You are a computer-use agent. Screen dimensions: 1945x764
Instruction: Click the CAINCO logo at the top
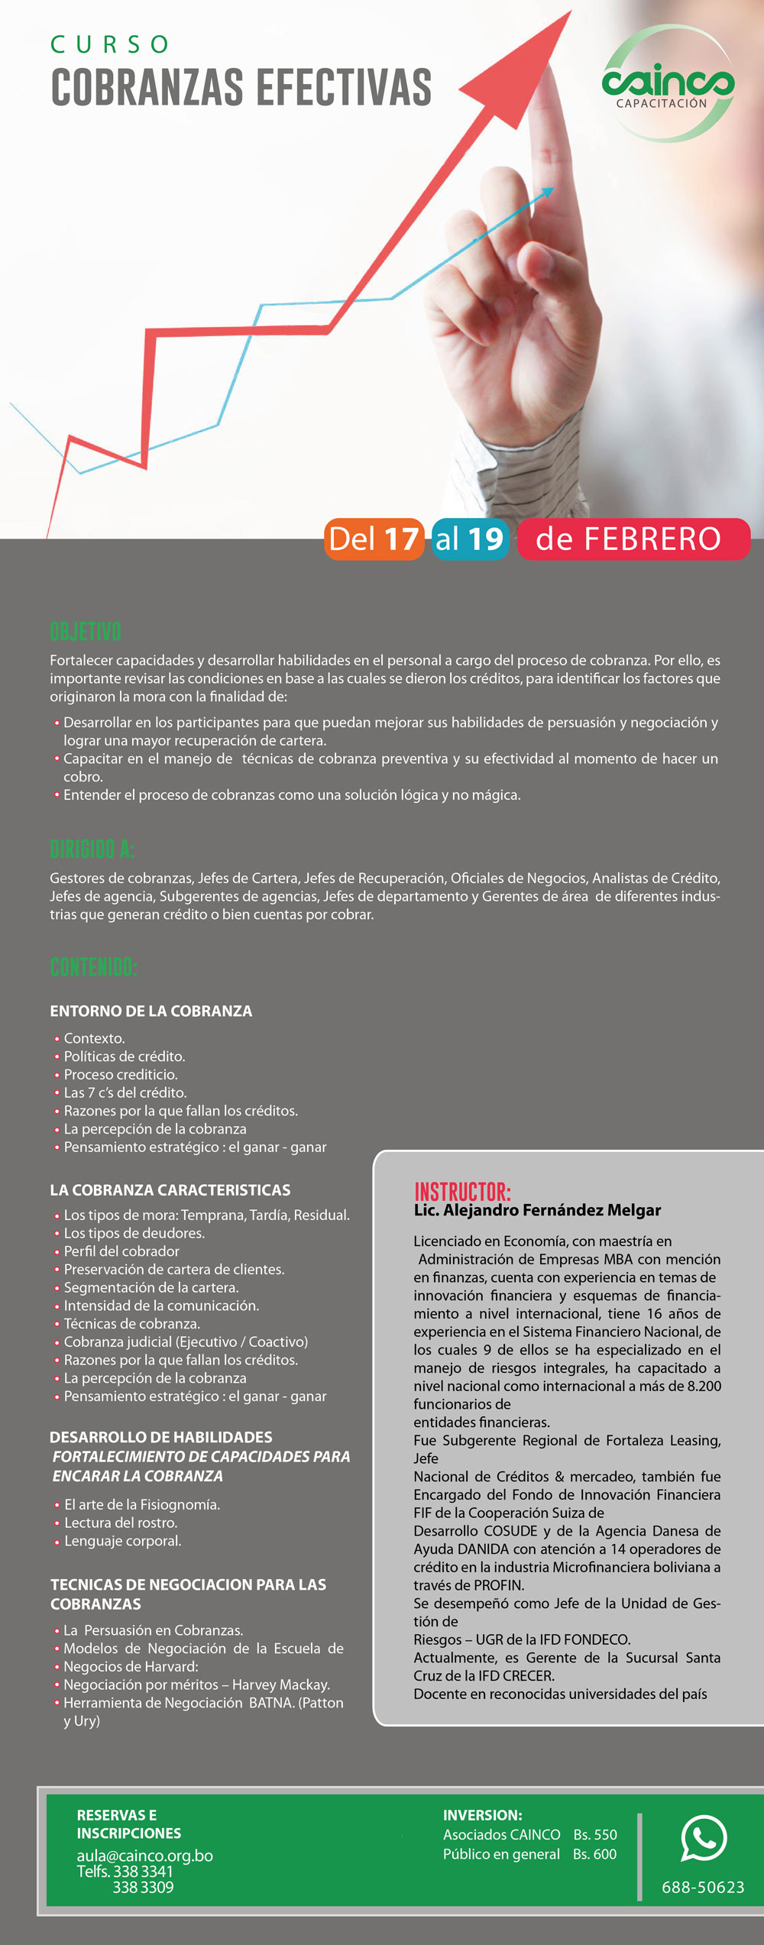click(668, 84)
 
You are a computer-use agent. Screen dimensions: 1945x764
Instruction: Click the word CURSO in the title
click(110, 44)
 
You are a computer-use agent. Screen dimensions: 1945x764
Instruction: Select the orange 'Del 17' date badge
click(374, 539)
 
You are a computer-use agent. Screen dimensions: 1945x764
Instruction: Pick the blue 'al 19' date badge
click(470, 539)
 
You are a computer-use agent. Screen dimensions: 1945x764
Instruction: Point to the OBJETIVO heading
click(86, 632)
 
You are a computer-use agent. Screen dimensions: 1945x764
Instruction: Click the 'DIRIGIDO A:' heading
click(92, 849)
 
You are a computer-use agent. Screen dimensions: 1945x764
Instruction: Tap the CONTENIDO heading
click(93, 967)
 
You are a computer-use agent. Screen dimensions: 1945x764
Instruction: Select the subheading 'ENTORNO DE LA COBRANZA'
click(151, 1011)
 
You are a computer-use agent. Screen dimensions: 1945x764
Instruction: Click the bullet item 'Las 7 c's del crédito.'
click(125, 1092)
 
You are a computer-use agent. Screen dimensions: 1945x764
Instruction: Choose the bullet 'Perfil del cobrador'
click(121, 1251)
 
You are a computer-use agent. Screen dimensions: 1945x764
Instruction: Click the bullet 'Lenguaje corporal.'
click(122, 1541)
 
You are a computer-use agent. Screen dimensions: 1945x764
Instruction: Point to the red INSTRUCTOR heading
click(462, 1191)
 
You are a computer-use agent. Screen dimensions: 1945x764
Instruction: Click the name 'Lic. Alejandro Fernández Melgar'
click(537, 1210)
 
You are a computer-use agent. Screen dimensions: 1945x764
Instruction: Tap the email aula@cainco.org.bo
click(144, 1856)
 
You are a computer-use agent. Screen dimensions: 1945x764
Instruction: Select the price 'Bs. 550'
click(595, 1834)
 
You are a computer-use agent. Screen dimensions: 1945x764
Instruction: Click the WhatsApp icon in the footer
click(704, 1838)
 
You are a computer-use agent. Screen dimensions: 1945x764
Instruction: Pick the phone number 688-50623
click(703, 1887)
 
